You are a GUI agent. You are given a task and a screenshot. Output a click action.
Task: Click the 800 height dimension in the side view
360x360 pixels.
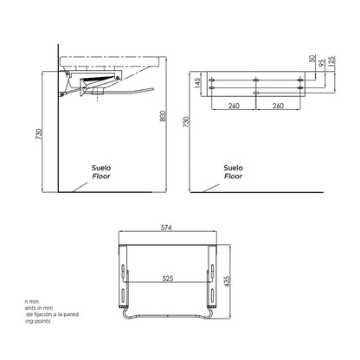click(161, 118)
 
